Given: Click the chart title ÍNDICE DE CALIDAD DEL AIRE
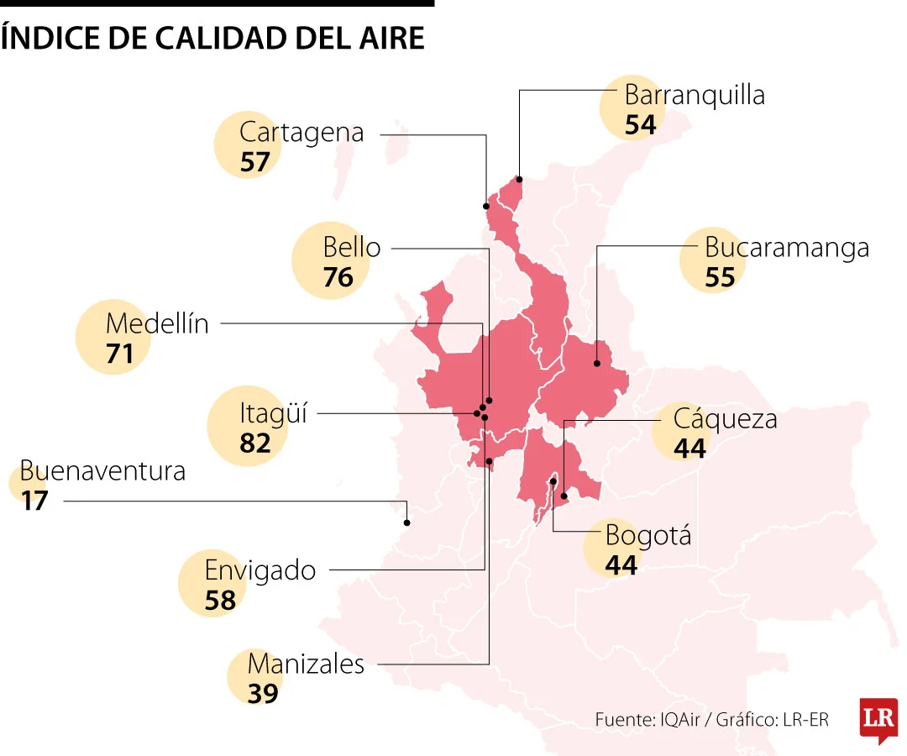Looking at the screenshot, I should (212, 38).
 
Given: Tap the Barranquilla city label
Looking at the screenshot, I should (695, 95).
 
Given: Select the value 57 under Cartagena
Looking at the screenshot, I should (255, 162).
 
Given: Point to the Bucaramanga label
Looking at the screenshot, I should (786, 248).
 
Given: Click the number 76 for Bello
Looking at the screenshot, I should (338, 277).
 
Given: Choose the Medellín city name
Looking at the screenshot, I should (157, 323).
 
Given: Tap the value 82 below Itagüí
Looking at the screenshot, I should (255, 443).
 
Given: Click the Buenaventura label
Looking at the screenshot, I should (102, 470).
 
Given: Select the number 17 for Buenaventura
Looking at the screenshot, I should (35, 501).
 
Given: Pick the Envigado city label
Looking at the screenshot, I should (260, 570).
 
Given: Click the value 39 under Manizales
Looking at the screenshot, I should (263, 693).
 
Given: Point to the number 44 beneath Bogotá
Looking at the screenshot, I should (621, 565).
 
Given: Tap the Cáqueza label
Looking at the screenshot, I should (725, 418).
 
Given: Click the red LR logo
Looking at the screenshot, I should (878, 719).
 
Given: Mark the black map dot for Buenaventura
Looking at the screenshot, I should (407, 522).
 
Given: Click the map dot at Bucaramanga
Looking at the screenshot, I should (596, 364).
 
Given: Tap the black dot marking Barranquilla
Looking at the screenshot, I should (520, 179).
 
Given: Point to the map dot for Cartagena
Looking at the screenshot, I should (486, 206).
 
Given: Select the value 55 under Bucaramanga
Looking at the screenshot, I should (720, 278).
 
